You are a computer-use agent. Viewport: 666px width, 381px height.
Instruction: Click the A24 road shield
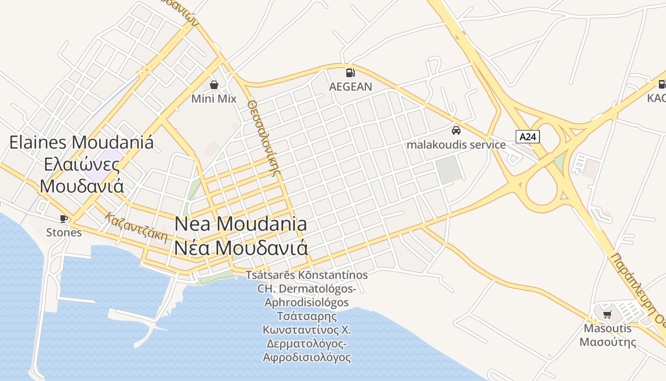(528, 137)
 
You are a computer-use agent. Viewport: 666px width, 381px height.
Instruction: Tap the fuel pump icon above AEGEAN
(351, 73)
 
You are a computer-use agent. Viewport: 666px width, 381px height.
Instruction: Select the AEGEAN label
(351, 87)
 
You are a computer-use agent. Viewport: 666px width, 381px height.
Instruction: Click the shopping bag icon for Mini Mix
(214, 85)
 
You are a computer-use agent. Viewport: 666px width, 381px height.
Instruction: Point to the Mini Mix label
(214, 99)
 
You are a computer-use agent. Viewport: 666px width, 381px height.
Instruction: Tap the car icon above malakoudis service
(456, 130)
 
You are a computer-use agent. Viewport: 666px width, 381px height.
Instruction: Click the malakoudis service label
(456, 144)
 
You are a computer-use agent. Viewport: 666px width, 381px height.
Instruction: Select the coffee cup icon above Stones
(64, 219)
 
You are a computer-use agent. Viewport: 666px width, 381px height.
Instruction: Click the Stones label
(64, 232)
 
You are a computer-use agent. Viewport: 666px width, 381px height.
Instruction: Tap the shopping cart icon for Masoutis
(607, 314)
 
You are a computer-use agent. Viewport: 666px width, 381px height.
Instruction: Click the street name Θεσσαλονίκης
(263, 138)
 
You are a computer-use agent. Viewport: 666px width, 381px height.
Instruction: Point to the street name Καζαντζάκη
(137, 227)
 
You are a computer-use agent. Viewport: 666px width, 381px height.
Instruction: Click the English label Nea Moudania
(241, 223)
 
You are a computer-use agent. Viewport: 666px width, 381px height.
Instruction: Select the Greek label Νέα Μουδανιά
(241, 248)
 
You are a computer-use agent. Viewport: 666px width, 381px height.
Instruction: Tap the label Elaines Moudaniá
(81, 142)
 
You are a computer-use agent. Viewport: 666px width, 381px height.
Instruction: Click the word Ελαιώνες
(81, 164)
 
